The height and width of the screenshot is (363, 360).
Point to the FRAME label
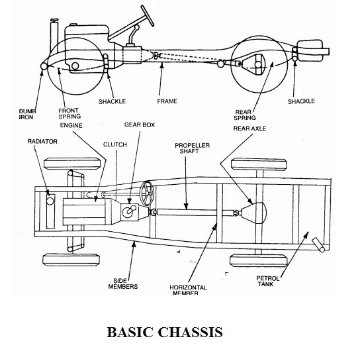167,101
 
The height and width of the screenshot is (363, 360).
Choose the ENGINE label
70,124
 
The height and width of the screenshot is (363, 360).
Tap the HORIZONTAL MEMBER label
183,290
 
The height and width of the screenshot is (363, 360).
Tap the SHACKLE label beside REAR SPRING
301,101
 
